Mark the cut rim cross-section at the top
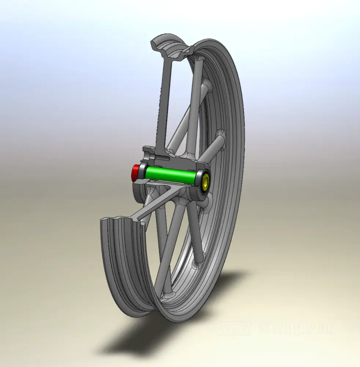click(170, 48)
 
